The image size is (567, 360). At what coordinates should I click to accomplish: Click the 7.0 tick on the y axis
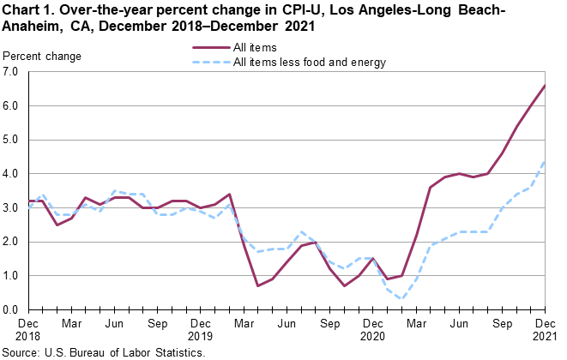[13, 72]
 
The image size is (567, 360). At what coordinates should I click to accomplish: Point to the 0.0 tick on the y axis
[13, 310]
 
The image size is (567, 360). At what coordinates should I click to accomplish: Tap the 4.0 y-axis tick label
[13, 174]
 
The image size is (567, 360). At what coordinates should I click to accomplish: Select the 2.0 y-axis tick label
[13, 242]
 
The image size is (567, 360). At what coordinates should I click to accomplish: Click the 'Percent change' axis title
[43, 57]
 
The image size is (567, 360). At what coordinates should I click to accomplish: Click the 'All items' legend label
[254, 48]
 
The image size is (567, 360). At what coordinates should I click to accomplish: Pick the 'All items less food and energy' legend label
[310, 62]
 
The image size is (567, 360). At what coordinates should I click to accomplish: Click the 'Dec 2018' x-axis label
[29, 331]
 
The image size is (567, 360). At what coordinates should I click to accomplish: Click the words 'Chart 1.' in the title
[29, 10]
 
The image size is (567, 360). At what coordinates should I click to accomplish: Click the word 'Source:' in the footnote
[25, 352]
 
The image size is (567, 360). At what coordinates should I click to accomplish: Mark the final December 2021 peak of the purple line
[545, 86]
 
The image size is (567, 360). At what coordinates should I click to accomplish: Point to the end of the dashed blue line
[545, 162]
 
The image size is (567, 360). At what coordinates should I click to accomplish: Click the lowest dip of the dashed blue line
[401, 299]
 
